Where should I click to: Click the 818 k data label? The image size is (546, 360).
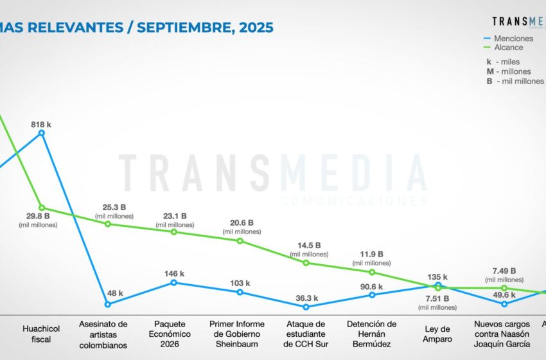(x=42, y=125)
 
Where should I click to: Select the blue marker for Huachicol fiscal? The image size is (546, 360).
(x=42, y=133)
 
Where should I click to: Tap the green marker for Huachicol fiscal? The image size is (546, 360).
(x=42, y=208)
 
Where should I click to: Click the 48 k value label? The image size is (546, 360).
(x=114, y=294)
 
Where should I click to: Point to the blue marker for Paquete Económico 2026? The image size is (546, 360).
(x=174, y=282)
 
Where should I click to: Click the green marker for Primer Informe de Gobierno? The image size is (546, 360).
(x=240, y=241)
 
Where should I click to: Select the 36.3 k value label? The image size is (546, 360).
(x=305, y=298)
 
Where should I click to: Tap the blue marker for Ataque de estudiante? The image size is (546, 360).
(x=306, y=307)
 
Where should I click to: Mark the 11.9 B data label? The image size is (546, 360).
(x=372, y=254)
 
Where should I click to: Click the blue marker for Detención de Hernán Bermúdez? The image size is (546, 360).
(x=372, y=294)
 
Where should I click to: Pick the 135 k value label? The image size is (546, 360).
(x=438, y=278)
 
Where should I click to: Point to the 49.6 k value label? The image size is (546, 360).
(x=504, y=295)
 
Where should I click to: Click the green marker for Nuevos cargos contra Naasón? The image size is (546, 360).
(x=504, y=288)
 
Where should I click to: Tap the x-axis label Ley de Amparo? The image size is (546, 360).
(x=438, y=334)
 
